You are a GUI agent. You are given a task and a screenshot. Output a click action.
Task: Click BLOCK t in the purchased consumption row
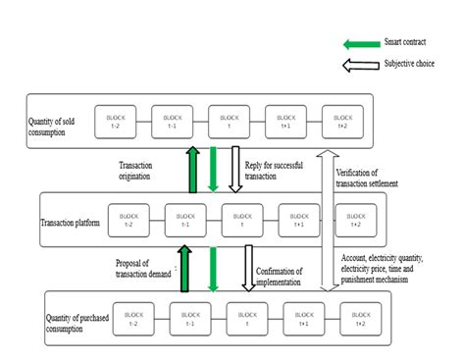coord(246,316)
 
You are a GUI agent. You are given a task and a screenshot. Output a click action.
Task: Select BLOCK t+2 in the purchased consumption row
coord(360,316)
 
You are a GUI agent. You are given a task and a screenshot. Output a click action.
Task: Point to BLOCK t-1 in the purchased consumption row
coord(190,316)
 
